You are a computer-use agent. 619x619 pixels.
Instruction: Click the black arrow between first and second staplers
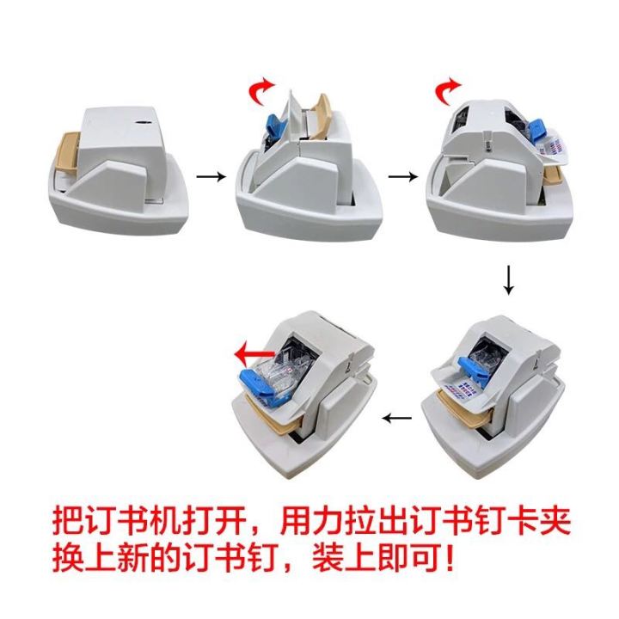coord(207,176)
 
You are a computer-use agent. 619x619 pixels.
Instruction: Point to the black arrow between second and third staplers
coord(399,176)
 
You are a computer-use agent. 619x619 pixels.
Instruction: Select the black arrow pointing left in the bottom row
coord(397,419)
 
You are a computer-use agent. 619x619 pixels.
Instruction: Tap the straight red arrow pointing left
coord(256,351)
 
